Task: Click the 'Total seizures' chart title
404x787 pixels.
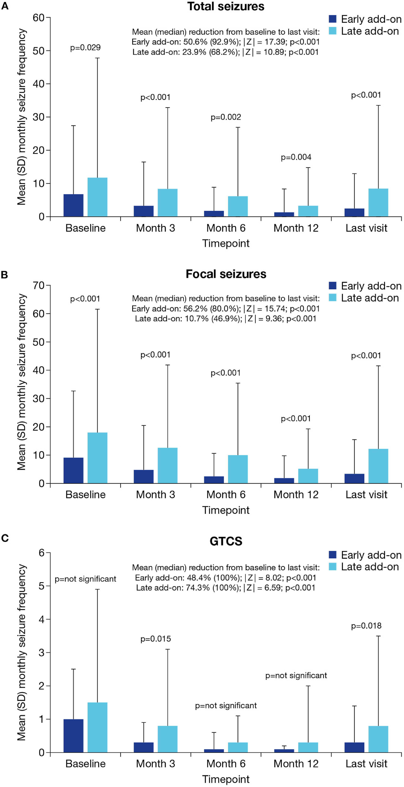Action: click(x=226, y=6)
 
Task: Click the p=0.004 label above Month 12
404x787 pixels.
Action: click(x=296, y=157)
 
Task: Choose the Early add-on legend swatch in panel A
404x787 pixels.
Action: click(x=333, y=19)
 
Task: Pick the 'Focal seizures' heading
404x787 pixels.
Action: click(x=226, y=274)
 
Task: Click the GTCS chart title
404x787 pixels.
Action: click(x=226, y=541)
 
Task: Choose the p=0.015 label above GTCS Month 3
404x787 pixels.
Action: click(x=155, y=639)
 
